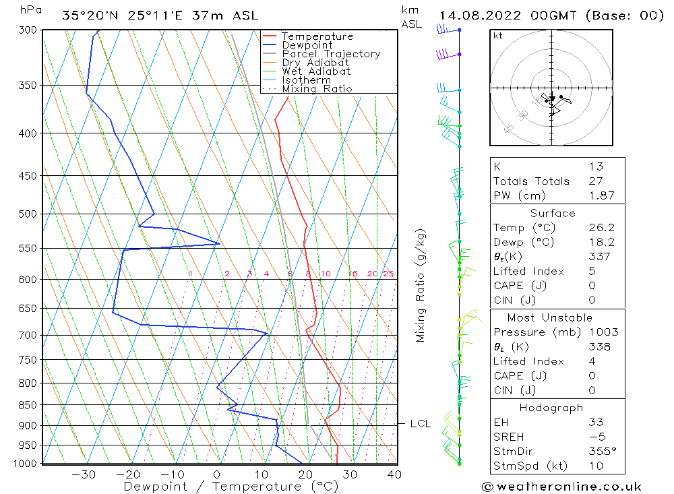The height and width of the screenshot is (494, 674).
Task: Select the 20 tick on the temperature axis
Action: (x=305, y=474)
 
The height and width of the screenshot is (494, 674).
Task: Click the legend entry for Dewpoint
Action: (x=307, y=45)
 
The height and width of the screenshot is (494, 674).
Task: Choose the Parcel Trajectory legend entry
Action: (x=331, y=54)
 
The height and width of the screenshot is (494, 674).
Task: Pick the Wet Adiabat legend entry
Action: (x=316, y=71)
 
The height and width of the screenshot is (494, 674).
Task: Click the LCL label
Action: (x=420, y=424)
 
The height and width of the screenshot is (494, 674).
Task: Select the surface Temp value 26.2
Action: (x=601, y=228)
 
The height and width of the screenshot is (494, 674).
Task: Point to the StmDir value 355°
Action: (x=602, y=451)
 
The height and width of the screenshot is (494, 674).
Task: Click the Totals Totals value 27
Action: (x=596, y=181)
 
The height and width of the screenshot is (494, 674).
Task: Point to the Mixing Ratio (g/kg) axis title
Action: (x=421, y=286)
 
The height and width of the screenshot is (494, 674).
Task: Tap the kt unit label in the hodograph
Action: (x=497, y=36)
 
